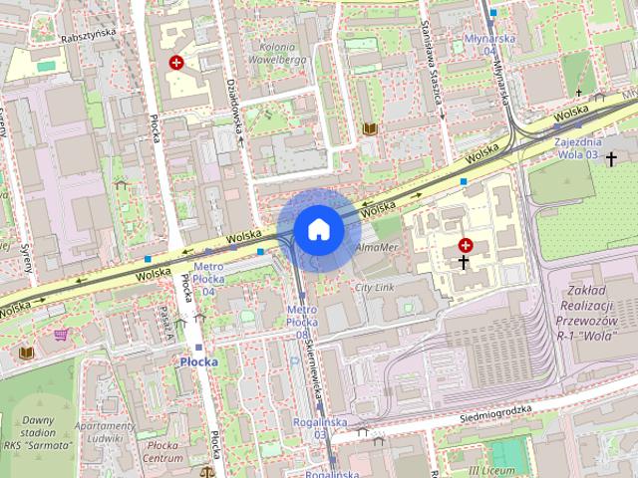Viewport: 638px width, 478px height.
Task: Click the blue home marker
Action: tap(318, 230)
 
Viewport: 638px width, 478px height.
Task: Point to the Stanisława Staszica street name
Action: tap(433, 65)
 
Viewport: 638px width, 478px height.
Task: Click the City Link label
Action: tap(376, 287)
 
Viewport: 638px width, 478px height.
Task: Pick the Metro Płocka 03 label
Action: tap(301, 322)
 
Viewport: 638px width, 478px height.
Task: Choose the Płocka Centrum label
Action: tap(162, 452)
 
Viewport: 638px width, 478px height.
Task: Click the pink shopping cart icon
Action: tap(61, 336)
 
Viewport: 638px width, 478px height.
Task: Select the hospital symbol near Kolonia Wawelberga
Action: tap(176, 63)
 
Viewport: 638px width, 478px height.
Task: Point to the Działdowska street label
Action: tap(237, 110)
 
